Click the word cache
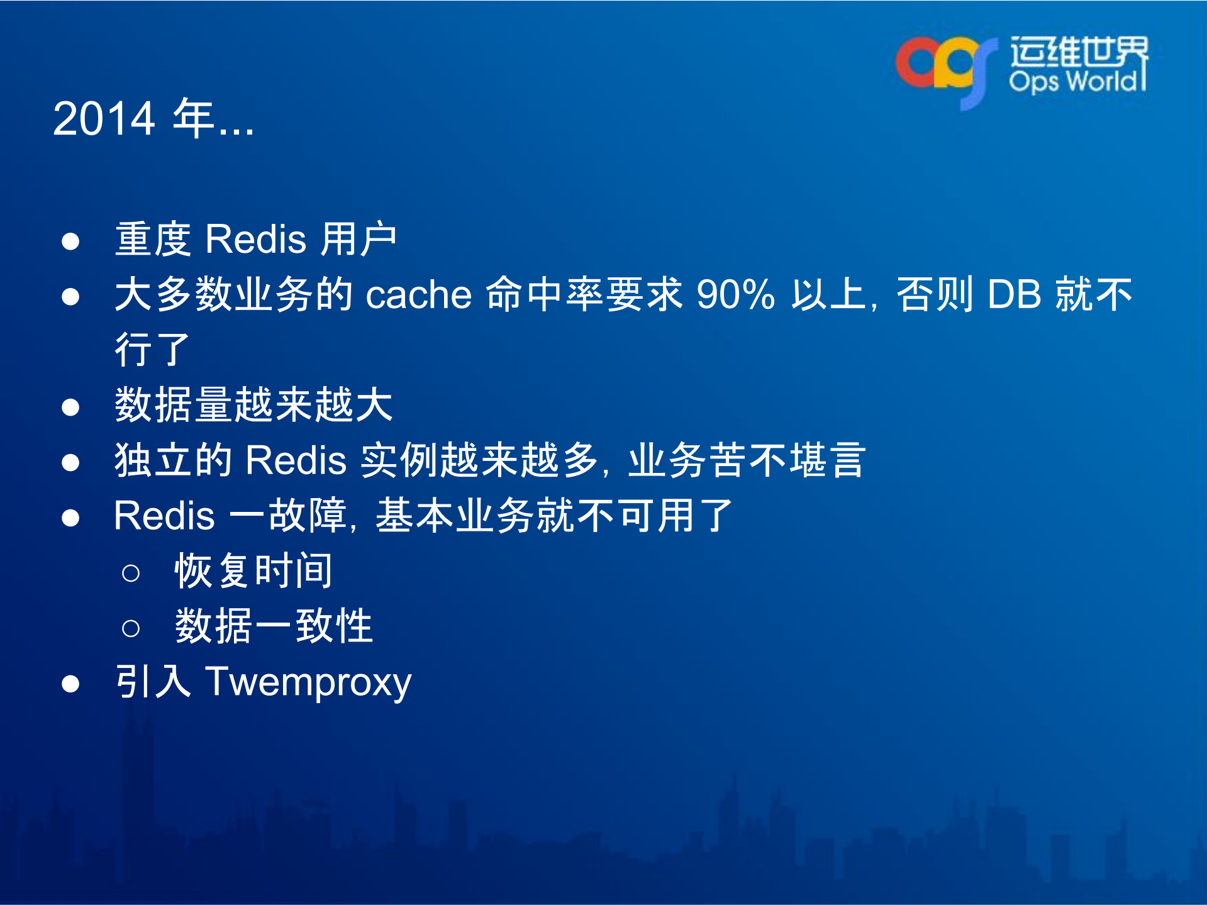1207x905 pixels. pyautogui.click(x=418, y=294)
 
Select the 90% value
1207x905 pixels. pyautogui.click(x=735, y=294)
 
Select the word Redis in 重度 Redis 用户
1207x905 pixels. pyautogui.click(x=255, y=240)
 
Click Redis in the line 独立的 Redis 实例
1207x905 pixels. pyautogui.click(x=296, y=460)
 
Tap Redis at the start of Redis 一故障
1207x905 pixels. pyautogui.click(x=164, y=516)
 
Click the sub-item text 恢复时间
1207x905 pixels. pyautogui.click(x=253, y=571)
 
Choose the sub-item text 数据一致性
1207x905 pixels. pyautogui.click(x=274, y=626)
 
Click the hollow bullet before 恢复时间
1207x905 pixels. pyautogui.click(x=131, y=573)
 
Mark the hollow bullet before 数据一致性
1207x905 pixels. pyautogui.click(x=131, y=628)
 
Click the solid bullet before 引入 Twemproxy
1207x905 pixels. pyautogui.click(x=70, y=684)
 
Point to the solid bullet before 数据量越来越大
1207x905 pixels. pyautogui.click(x=70, y=407)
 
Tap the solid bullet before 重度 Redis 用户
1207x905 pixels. pyautogui.click(x=70, y=242)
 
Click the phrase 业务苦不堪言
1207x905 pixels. pyautogui.click(x=747, y=460)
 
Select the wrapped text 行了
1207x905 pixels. pyautogui.click(x=152, y=350)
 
